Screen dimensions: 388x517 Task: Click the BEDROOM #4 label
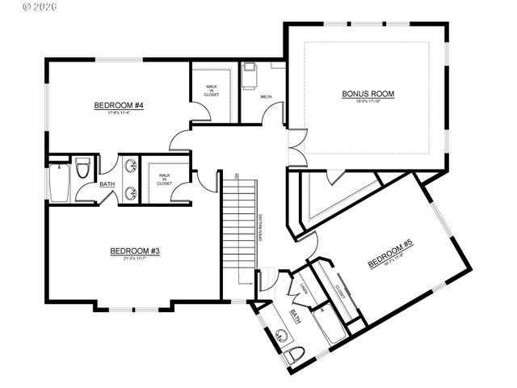point(118,105)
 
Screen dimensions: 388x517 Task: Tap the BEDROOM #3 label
point(135,251)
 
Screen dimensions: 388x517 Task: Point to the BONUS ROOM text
point(368,95)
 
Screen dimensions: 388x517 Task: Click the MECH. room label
point(266,97)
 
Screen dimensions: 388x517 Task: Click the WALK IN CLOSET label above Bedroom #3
point(164,179)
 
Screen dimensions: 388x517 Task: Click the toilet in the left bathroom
point(82,169)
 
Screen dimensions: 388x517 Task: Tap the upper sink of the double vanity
point(129,167)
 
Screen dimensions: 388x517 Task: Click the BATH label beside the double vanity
point(107,184)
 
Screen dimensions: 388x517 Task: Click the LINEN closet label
point(304,290)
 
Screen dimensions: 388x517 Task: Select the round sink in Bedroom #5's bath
point(281,334)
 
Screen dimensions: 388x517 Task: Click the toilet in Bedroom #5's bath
point(294,355)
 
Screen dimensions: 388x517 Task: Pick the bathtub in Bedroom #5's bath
point(327,327)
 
